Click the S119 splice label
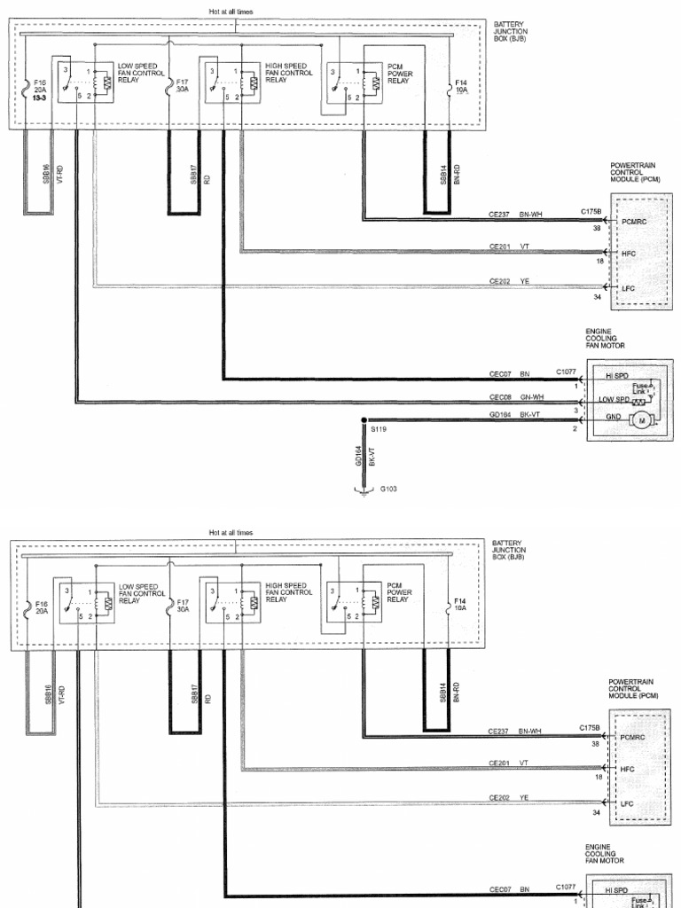(x=379, y=427)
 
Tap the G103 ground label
(x=387, y=489)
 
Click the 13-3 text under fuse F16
(x=41, y=97)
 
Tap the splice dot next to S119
(x=364, y=419)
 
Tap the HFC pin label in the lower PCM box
(x=628, y=769)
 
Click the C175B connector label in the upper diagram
(x=591, y=212)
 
